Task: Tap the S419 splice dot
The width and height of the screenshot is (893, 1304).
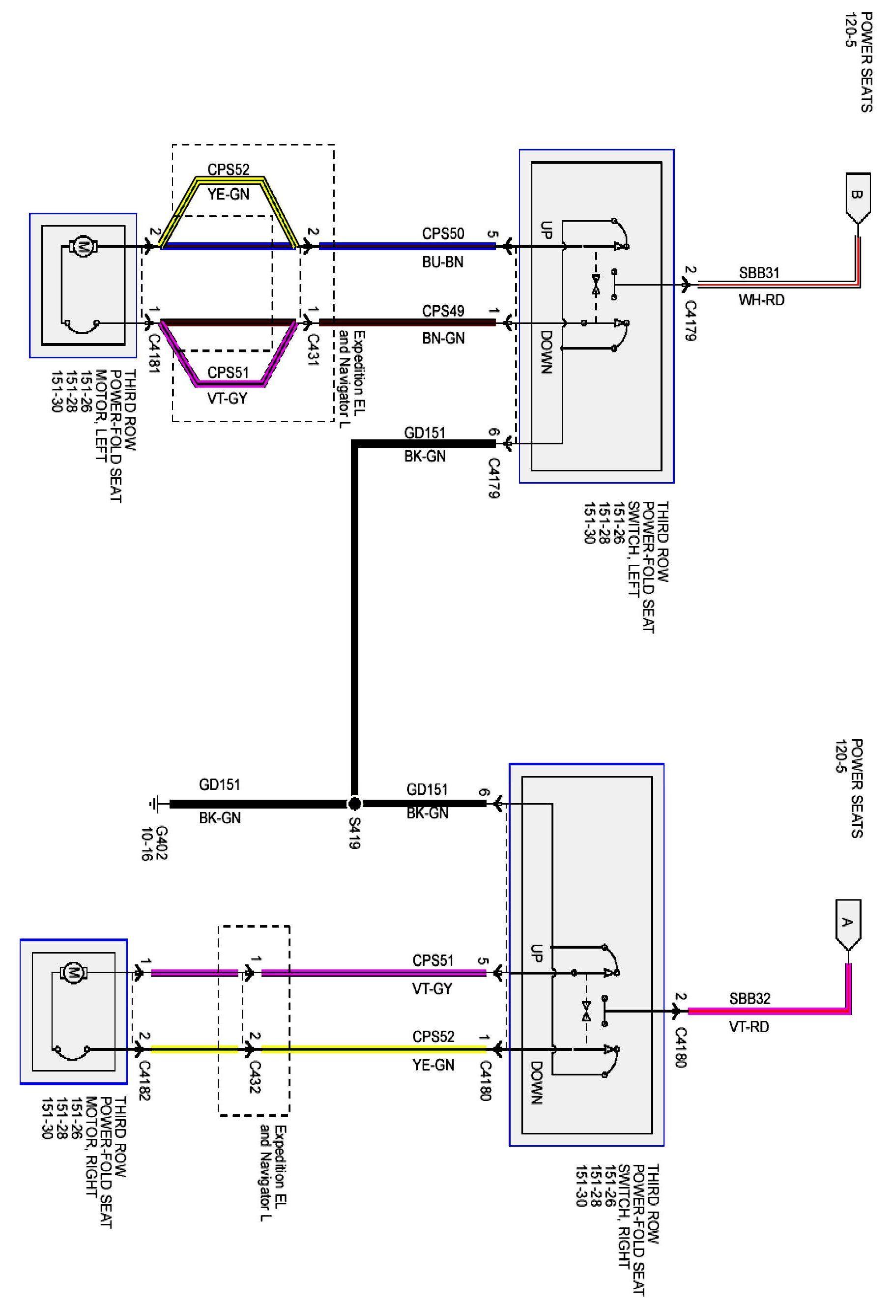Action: click(x=354, y=804)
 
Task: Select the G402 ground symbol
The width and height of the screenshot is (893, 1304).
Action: click(x=155, y=804)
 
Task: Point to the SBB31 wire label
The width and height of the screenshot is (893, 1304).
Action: click(x=759, y=273)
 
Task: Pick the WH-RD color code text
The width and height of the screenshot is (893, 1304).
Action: click(x=761, y=300)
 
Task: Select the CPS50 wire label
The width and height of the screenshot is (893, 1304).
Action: click(x=443, y=233)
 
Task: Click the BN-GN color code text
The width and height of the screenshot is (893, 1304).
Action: click(x=443, y=338)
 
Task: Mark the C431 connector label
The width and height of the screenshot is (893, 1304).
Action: click(x=313, y=349)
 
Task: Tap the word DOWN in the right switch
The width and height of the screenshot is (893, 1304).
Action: click(x=536, y=1083)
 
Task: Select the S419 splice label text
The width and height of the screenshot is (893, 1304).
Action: click(x=354, y=833)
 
